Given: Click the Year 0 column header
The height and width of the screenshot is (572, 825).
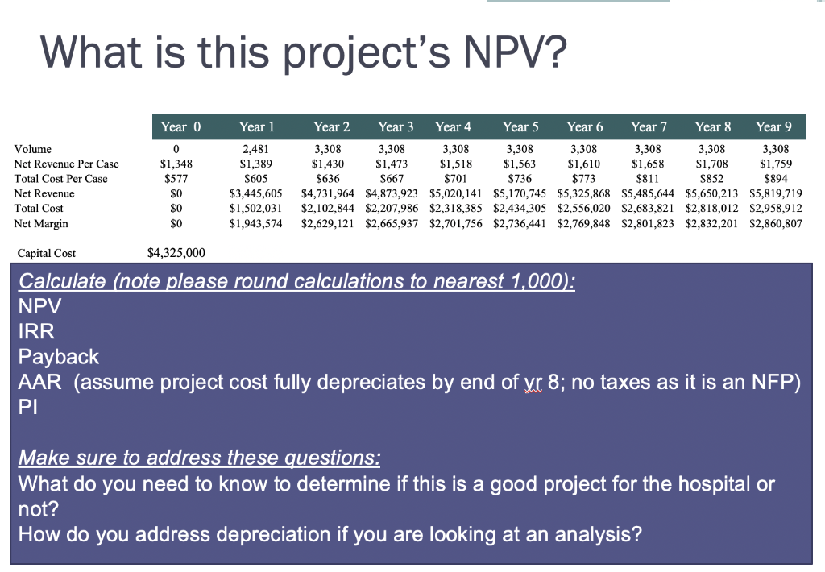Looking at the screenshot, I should (x=180, y=126).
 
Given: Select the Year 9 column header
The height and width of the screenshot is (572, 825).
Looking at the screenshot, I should (x=773, y=126).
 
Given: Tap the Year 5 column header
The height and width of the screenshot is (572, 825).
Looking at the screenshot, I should (x=520, y=126).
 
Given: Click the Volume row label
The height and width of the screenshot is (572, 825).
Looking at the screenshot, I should (x=32, y=149).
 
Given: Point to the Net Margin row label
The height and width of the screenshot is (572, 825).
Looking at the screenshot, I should (x=41, y=223).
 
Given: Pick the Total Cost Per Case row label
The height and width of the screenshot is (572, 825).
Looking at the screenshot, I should (x=60, y=179).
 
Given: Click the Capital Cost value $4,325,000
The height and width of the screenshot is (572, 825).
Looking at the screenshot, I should (x=176, y=253).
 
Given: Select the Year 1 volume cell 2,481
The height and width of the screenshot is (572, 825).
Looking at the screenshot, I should (x=256, y=149).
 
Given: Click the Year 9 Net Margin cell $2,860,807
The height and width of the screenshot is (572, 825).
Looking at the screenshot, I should (x=776, y=223).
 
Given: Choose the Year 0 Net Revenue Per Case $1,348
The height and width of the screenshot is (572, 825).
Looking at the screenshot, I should (x=176, y=164).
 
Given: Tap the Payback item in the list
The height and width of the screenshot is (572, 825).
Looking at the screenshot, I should (x=59, y=356).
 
